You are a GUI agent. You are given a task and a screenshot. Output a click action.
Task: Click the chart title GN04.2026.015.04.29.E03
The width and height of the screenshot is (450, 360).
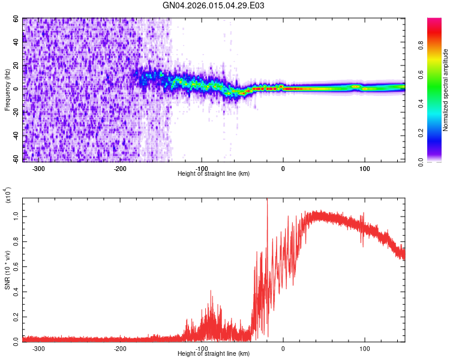tap(214, 5)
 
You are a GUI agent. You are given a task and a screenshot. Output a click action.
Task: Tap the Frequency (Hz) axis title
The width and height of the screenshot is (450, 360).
tap(8, 90)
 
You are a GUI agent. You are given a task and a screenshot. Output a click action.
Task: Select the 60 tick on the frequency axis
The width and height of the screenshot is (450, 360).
tap(16, 19)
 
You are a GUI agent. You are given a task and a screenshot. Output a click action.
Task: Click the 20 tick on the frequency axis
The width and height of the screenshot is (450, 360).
tap(16, 65)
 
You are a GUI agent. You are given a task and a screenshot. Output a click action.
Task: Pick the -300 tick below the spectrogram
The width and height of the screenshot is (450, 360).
tap(39, 168)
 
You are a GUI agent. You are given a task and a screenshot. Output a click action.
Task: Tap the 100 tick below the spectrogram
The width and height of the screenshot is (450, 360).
tap(364, 168)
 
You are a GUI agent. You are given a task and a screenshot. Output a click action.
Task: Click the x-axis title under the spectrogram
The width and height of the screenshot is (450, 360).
tap(214, 174)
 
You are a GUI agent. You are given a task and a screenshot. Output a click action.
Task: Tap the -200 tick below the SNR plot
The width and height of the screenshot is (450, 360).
tap(120, 348)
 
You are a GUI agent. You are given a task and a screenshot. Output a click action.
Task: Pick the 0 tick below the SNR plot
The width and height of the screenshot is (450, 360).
tap(283, 348)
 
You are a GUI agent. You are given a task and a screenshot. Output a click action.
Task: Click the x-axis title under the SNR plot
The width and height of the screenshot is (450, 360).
tap(214, 354)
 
